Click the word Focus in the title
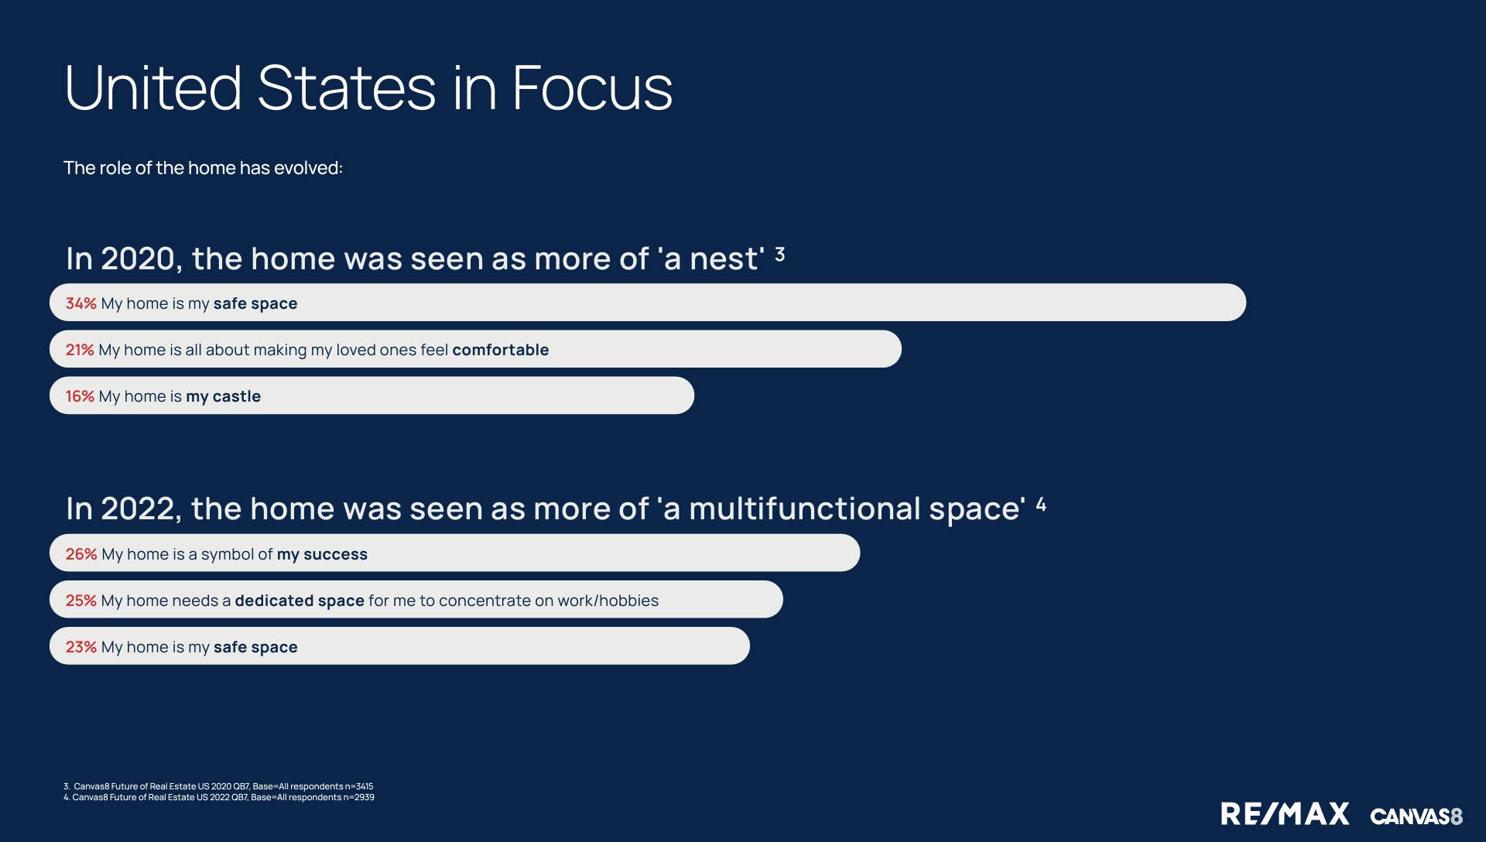tap(592, 87)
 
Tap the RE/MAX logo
tap(1285, 814)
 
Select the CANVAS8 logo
tap(1416, 816)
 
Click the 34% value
tap(81, 303)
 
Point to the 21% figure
tap(80, 350)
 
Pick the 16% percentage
tap(80, 396)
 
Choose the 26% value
tap(81, 554)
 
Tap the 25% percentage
tap(81, 601)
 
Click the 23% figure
tap(81, 647)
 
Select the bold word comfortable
tap(501, 350)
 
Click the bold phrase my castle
tap(224, 397)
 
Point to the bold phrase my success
tap(322, 555)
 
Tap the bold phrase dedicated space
tap(300, 601)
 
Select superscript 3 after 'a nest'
tap(780, 254)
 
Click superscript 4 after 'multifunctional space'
tap(1041, 505)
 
